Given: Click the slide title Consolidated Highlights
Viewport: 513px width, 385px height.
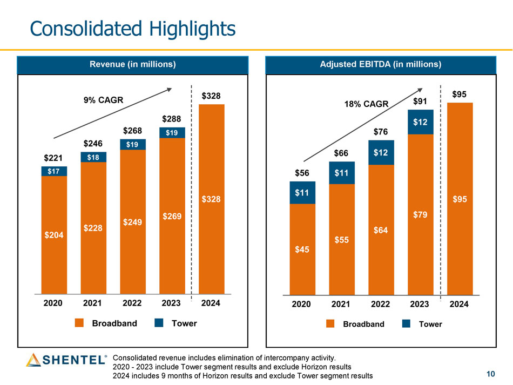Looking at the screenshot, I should pos(133,28).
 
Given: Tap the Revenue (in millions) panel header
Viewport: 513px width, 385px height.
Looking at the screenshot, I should pos(132,64).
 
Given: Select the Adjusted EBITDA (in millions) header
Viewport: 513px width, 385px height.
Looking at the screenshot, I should pos(381,64).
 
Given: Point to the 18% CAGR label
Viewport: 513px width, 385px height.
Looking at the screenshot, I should pos(366,104).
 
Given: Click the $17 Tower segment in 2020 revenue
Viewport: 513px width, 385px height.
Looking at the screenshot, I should pos(54,171).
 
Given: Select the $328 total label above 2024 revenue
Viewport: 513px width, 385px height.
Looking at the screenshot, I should pos(211,96).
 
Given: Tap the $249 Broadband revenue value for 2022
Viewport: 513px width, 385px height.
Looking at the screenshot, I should pos(133,222).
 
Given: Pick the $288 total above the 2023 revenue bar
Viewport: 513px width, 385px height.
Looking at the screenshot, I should pos(172,118).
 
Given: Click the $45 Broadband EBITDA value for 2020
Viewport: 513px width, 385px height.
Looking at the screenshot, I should pos(302,249).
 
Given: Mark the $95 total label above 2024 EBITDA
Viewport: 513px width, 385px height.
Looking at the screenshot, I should pos(460,94).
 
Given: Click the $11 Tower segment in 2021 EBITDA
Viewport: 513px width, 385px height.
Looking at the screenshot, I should pos(342,173).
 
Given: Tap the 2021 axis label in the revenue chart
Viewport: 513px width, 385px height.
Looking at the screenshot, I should pos(93,303).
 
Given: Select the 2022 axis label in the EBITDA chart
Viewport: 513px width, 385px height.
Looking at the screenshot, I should pos(381,304).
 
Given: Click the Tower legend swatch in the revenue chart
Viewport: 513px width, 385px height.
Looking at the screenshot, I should pos(159,323).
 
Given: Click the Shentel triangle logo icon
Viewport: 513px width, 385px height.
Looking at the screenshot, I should pos(33,360).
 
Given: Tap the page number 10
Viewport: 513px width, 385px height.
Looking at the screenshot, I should pos(490,375).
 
